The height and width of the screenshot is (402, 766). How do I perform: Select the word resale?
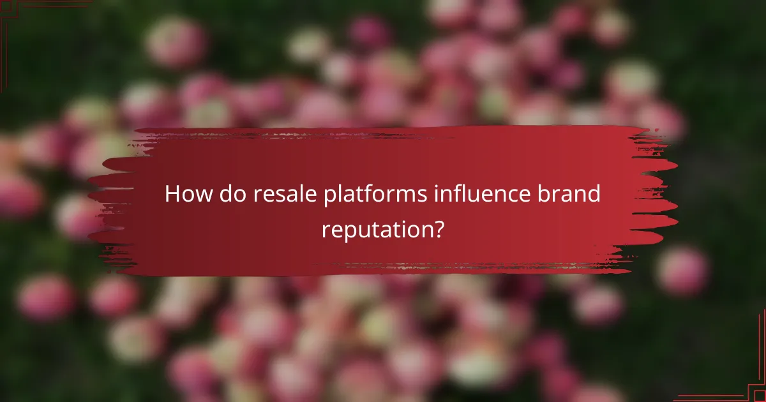273,195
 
